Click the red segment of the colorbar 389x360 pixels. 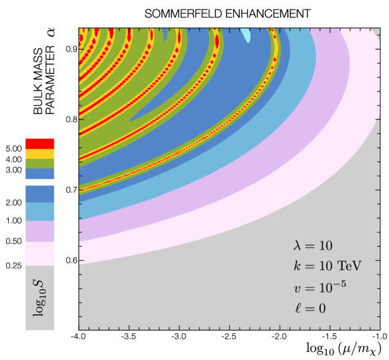click(40, 143)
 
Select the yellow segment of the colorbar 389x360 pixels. click(40, 154)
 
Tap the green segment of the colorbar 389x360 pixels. click(40, 164)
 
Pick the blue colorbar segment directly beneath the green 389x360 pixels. click(40, 174)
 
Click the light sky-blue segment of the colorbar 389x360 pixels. click(40, 211)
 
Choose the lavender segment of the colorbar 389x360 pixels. click(40, 231)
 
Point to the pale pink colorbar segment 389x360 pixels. click(40, 253)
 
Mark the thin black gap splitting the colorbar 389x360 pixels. click(40, 182)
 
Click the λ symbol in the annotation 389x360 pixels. click(297, 246)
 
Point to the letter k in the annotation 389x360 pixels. click(297, 266)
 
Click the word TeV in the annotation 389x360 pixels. click(349, 266)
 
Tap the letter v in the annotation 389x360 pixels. click(297, 289)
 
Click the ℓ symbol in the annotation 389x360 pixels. click(297, 308)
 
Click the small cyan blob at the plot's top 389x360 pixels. click(246, 35)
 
